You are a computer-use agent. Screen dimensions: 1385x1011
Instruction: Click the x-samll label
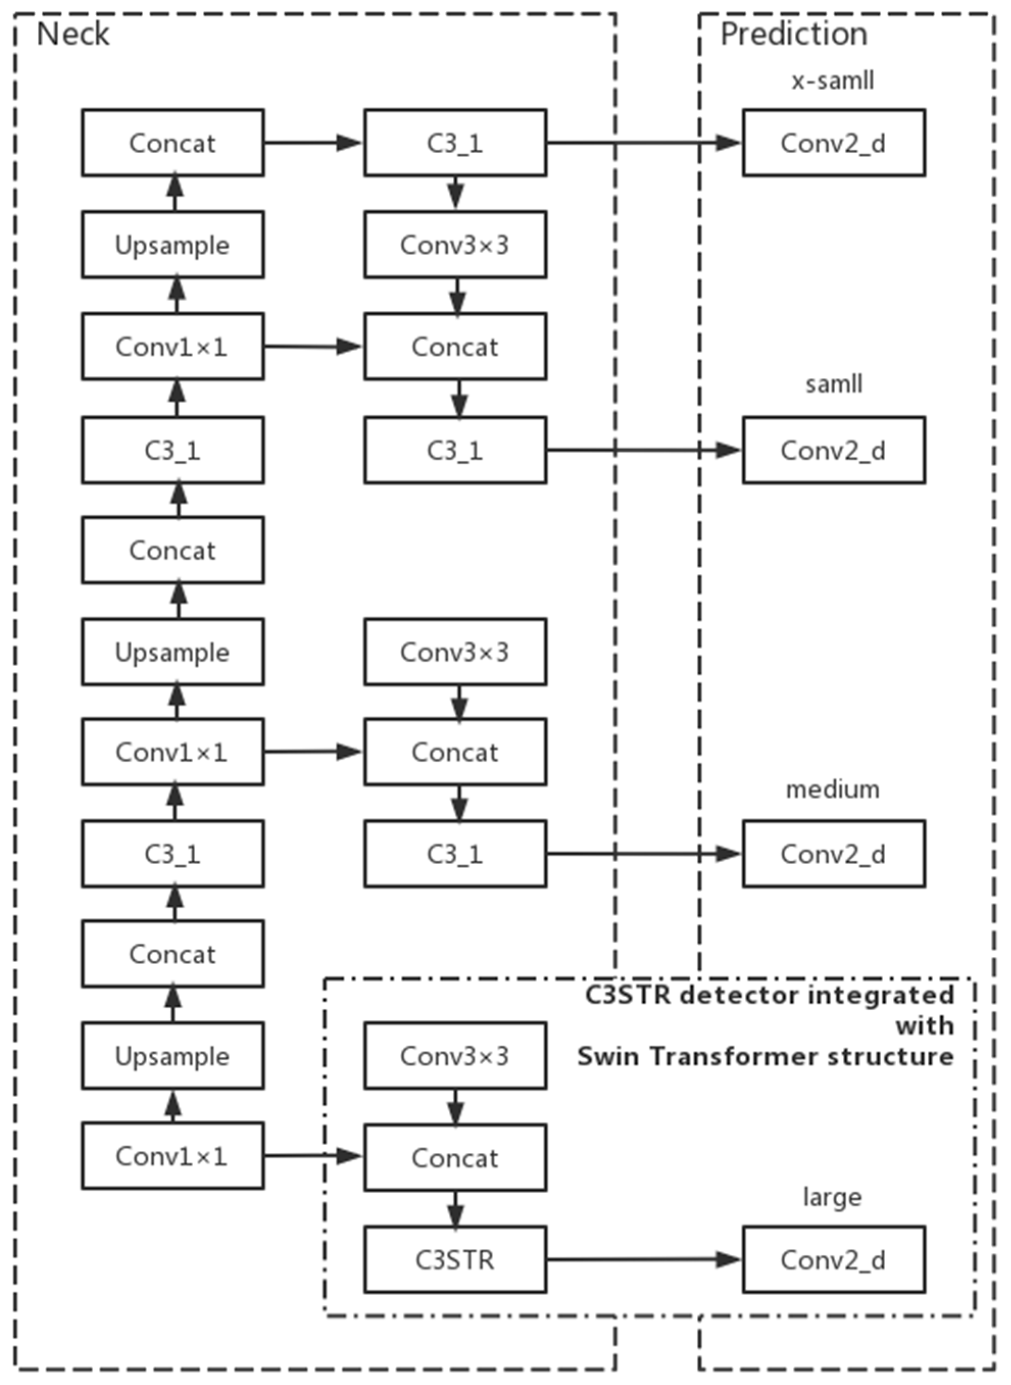coord(833,81)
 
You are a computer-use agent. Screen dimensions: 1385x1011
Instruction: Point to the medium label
coord(832,790)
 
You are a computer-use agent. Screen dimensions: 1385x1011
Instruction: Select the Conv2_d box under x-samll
coord(833,143)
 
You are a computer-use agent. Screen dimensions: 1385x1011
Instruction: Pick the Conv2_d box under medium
coord(833,854)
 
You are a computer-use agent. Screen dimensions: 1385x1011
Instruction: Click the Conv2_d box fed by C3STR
coord(833,1260)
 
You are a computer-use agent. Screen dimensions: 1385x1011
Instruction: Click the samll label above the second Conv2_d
coord(833,384)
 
